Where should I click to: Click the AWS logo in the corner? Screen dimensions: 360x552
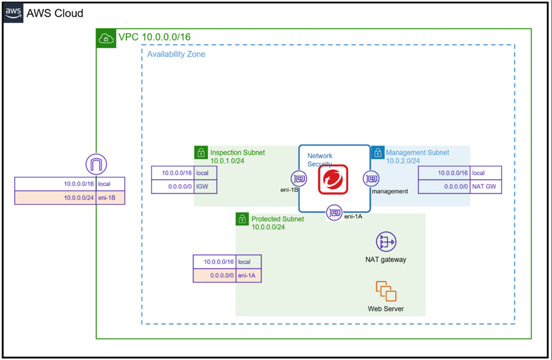click(14, 13)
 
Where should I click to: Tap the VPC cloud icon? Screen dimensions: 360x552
click(106, 38)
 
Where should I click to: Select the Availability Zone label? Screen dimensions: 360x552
click(176, 54)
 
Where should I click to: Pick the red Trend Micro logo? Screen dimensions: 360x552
click(333, 179)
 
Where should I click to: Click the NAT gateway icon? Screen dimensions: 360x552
click(386, 242)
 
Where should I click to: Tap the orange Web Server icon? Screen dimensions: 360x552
click(386, 291)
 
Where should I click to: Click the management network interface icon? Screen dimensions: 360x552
click(372, 179)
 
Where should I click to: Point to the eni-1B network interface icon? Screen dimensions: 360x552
click(299, 178)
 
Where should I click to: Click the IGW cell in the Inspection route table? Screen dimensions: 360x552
click(205, 187)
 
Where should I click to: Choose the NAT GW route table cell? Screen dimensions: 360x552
click(486, 187)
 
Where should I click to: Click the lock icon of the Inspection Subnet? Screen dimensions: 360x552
click(201, 152)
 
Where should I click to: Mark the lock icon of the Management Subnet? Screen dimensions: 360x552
click(378, 152)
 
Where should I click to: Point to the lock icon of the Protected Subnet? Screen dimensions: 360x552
click(242, 219)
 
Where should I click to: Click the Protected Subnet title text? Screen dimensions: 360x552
click(277, 219)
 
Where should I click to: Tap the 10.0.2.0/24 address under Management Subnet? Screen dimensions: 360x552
click(403, 161)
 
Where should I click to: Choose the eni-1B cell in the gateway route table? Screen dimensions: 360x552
click(111, 198)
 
